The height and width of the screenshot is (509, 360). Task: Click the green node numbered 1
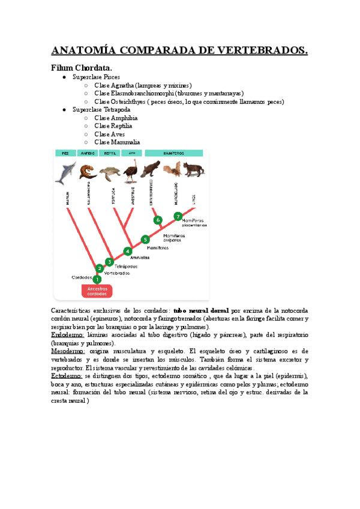click(97, 279)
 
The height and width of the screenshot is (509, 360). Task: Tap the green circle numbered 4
click(127, 251)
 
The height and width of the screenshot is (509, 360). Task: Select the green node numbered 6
click(158, 220)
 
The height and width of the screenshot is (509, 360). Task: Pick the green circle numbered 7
click(178, 216)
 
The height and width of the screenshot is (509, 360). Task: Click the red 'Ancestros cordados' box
click(97, 291)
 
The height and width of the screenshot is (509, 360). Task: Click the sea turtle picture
click(109, 173)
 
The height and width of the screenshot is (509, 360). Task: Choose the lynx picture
click(193, 170)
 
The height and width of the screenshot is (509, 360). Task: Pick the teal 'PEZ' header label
click(65, 154)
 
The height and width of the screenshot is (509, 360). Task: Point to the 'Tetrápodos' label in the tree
click(125, 266)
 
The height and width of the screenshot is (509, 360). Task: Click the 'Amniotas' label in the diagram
click(139, 257)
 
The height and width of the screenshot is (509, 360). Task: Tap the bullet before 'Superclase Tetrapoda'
click(65, 110)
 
